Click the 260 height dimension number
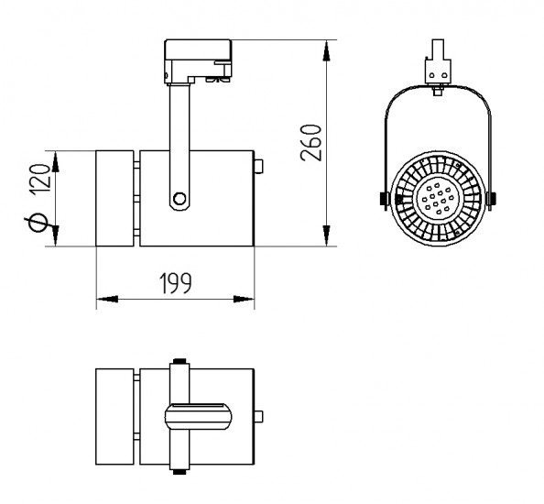pos(311,142)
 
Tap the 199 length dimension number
pos(175,283)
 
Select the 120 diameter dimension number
pos(39,179)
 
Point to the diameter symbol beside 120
pos(38,222)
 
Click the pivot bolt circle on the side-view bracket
pos(180,199)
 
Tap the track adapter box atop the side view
pos(198,61)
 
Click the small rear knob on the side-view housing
pos(258,166)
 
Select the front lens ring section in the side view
pos(114,199)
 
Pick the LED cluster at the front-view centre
pos(438,198)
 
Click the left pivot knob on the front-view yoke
pos(383,199)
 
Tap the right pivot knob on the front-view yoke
pos(491,199)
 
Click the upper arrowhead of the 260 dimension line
pos(326,50)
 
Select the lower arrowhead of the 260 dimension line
pos(326,236)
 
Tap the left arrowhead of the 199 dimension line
pos(107,299)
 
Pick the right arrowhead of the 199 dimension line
pos(244,299)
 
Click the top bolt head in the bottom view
pos(180,361)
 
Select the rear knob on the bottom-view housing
pos(258,417)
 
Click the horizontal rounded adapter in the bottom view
pos(198,417)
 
